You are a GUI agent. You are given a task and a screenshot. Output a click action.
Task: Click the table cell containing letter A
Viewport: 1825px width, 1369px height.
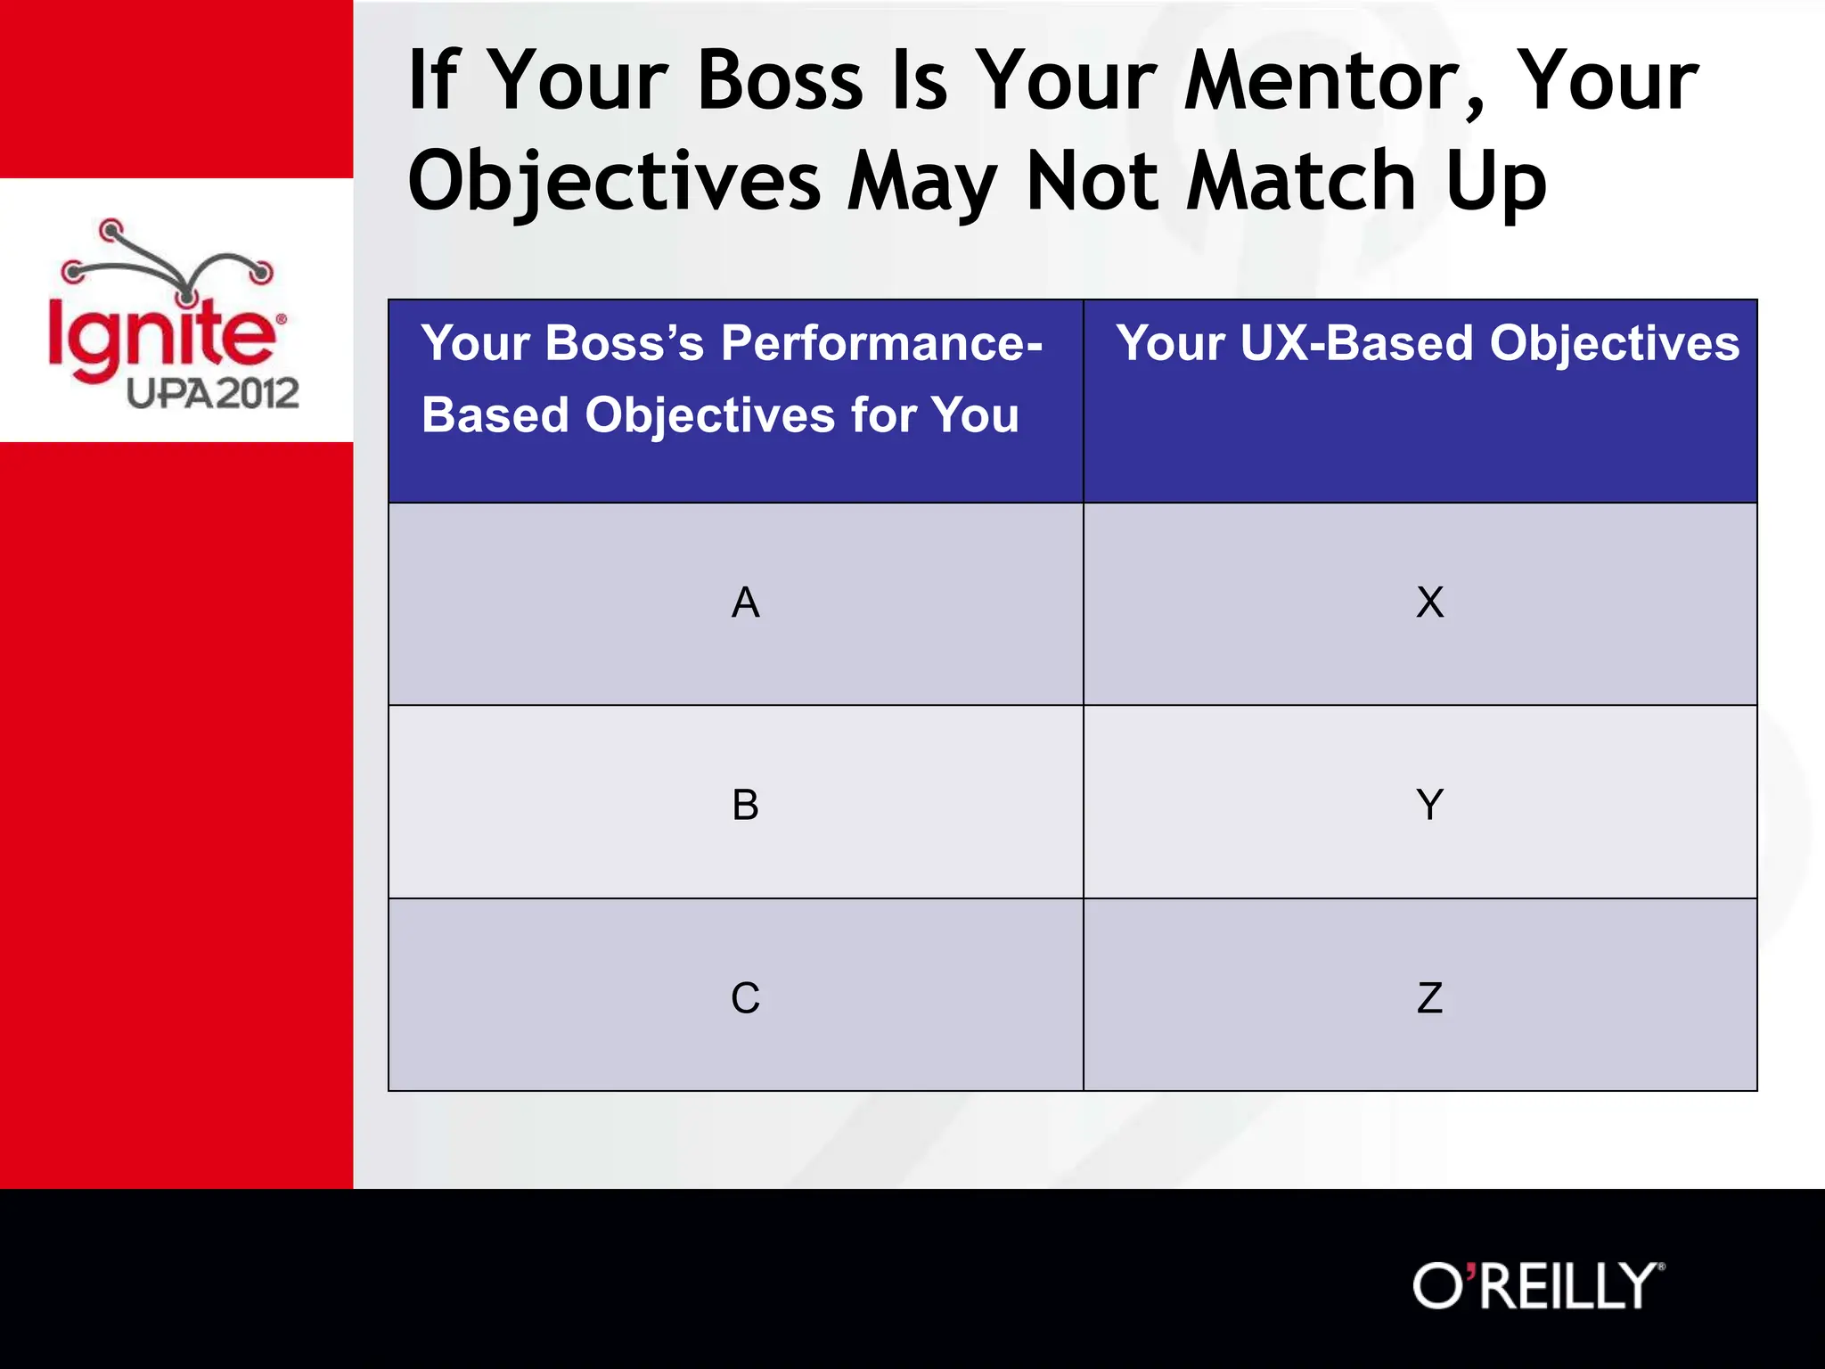pos(745,603)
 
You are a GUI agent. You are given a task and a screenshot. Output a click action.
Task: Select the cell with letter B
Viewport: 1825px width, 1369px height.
pos(745,805)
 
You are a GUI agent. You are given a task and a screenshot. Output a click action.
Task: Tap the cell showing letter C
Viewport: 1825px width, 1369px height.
pos(745,997)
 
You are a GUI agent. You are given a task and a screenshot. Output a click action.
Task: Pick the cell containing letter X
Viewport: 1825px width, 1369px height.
pos(1429,603)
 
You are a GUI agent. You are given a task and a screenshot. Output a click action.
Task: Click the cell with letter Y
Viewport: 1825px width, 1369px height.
pos(1429,805)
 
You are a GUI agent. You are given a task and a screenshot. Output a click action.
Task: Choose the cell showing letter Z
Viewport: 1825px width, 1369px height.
pos(1429,997)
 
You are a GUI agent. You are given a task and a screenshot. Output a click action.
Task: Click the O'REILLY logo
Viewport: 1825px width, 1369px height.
pos(1538,1286)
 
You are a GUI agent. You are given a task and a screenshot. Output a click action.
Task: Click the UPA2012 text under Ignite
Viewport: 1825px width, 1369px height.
pos(212,393)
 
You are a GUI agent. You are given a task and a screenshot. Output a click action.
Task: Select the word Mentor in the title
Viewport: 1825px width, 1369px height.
pos(1331,82)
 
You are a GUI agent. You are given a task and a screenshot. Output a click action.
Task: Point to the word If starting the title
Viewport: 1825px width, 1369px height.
pos(434,82)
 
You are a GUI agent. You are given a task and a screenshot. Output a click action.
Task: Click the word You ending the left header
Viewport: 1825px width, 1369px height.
pos(975,415)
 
